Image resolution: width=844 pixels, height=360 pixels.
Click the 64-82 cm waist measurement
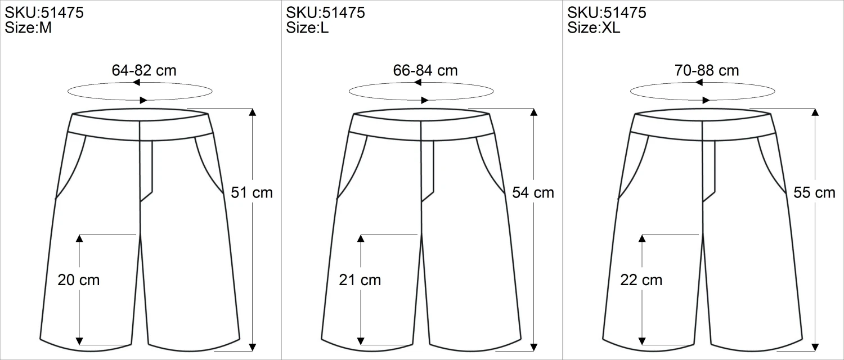pyautogui.click(x=144, y=70)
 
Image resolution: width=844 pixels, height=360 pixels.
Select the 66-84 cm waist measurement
pyautogui.click(x=425, y=70)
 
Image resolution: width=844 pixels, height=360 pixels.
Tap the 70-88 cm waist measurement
pyautogui.click(x=707, y=70)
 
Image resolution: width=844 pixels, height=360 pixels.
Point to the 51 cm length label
pyautogui.click(x=252, y=192)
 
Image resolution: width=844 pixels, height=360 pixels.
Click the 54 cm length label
pyautogui.click(x=533, y=192)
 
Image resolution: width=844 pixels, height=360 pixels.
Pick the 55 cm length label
pyautogui.click(x=814, y=192)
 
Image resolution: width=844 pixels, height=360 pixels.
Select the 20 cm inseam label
pyautogui.click(x=78, y=280)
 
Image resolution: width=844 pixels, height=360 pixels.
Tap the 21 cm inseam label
pyautogui.click(x=360, y=280)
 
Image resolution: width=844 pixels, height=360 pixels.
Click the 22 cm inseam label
pyautogui.click(x=641, y=280)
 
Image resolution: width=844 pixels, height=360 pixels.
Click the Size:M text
pyautogui.click(x=28, y=28)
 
